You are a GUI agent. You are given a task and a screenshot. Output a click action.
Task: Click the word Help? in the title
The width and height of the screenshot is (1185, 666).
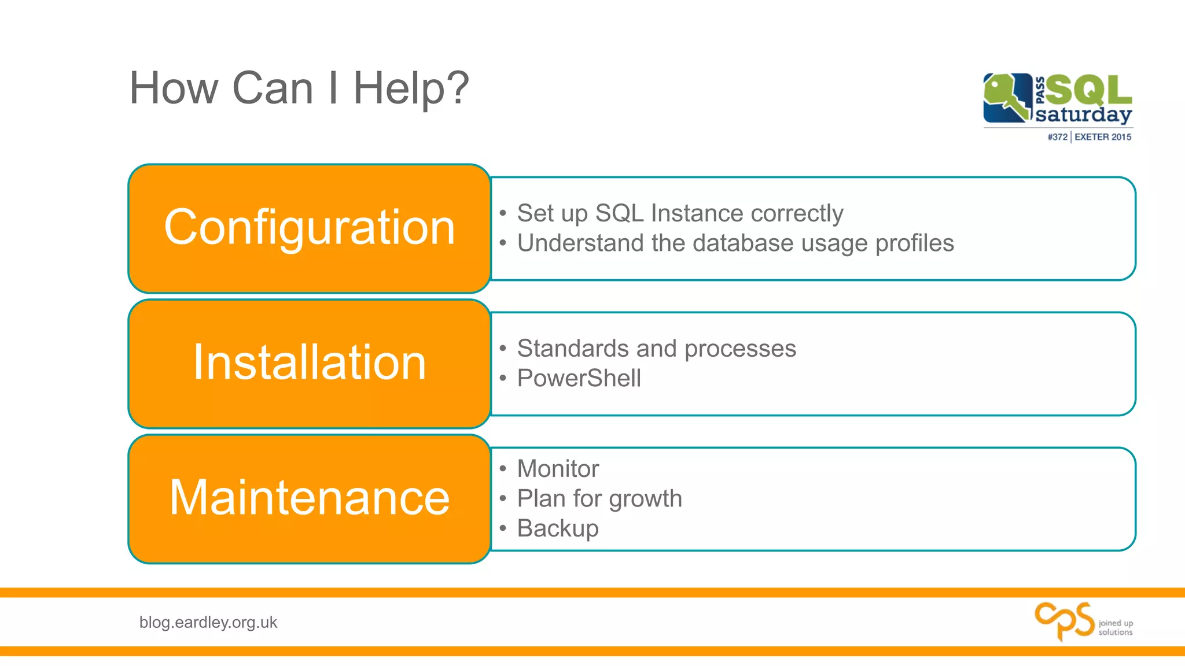411,88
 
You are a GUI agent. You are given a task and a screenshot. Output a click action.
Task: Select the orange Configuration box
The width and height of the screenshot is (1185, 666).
310,228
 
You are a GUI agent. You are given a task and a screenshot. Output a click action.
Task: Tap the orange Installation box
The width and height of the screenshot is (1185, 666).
310,363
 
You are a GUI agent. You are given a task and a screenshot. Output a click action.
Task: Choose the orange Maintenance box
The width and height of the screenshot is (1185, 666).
310,498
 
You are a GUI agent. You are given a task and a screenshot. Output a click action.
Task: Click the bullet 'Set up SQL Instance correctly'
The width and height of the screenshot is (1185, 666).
680,213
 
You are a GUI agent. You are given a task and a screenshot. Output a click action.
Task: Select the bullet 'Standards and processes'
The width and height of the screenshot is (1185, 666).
656,349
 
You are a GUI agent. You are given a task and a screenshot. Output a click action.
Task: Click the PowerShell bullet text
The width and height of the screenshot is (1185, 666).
579,379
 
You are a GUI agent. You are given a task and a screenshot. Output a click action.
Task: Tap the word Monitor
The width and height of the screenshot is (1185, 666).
558,469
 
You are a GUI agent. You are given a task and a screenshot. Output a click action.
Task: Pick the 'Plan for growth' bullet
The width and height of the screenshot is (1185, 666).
599,499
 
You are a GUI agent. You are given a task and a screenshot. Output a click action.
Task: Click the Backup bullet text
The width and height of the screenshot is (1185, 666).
558,528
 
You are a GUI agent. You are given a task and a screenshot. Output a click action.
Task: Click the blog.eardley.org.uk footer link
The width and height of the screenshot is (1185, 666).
208,623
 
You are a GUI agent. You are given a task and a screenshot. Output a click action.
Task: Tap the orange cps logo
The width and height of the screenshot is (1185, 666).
1063,621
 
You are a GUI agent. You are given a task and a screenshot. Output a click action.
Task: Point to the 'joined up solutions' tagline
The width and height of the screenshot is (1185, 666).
1116,628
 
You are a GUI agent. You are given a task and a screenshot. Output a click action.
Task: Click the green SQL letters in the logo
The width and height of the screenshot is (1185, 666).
1089,90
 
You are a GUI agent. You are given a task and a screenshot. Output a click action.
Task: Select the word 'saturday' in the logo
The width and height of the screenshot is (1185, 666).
1083,114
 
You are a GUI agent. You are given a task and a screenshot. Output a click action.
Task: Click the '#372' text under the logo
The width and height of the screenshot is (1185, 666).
1057,137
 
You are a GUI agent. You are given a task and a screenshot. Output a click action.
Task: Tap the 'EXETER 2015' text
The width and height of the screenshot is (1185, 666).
1103,137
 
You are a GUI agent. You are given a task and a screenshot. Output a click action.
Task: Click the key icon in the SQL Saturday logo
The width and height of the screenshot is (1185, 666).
1007,98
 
